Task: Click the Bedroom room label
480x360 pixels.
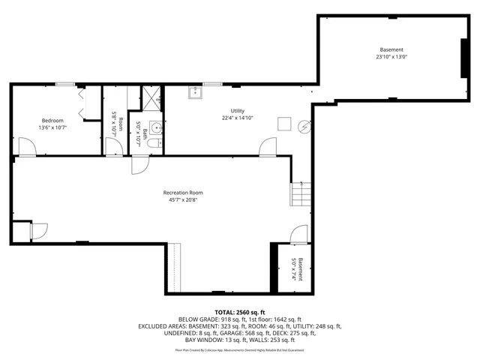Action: [52, 120]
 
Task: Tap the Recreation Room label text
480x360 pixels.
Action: [183, 193]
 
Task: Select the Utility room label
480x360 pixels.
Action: [237, 111]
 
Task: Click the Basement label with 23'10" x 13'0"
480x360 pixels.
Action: [390, 49]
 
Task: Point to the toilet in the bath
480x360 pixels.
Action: [153, 142]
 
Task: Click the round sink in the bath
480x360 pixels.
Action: [155, 126]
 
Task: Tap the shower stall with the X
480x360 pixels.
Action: [154, 97]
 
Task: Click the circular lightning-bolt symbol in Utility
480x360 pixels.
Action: [303, 127]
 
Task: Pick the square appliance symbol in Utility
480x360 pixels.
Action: [284, 122]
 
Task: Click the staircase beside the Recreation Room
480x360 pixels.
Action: [300, 194]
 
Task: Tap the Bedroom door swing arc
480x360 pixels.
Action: [26, 148]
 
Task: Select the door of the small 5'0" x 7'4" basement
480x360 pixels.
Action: [298, 234]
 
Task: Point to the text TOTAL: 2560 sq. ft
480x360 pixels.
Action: [240, 312]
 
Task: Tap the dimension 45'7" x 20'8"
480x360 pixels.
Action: [183, 200]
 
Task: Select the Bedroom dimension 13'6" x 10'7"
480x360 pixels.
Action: [52, 127]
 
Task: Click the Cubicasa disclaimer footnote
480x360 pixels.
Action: [240, 349]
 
